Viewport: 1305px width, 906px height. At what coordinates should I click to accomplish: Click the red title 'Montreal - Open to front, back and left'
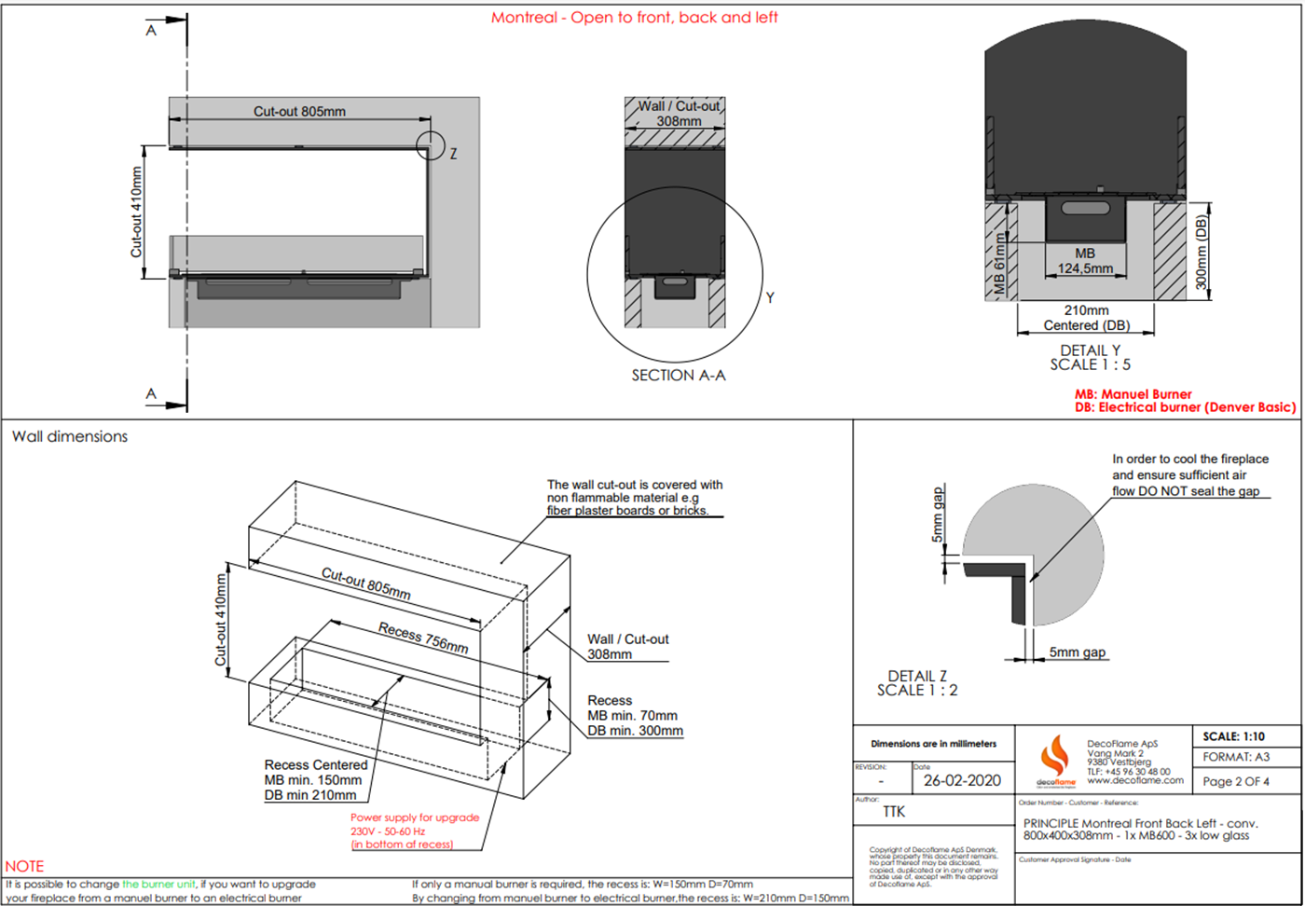pyautogui.click(x=634, y=18)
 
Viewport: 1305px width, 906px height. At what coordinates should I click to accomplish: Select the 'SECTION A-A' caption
pyautogui.click(x=678, y=375)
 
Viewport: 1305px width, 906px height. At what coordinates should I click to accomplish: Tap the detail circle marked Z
pyautogui.click(x=431, y=145)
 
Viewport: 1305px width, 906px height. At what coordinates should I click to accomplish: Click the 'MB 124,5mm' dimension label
pyautogui.click(x=1085, y=261)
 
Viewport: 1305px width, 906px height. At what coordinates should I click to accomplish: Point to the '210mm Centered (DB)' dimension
pyautogui.click(x=1086, y=318)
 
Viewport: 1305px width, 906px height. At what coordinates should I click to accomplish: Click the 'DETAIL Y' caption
pyautogui.click(x=1090, y=350)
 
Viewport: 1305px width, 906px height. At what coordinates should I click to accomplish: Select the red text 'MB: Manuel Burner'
pyautogui.click(x=1133, y=394)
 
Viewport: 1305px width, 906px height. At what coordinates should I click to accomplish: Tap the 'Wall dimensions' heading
pyautogui.click(x=70, y=436)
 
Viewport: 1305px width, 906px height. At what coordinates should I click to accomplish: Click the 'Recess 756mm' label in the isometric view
pyautogui.click(x=423, y=638)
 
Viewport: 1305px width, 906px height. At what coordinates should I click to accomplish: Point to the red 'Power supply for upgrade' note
pyautogui.click(x=415, y=817)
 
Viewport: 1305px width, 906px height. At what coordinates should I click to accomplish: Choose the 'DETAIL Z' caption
pyautogui.click(x=917, y=676)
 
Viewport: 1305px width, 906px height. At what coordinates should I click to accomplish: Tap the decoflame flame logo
pyautogui.click(x=1055, y=758)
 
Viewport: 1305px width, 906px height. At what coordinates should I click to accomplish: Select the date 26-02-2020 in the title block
pyautogui.click(x=962, y=781)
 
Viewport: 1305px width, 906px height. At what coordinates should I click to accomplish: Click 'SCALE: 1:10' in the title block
pyautogui.click(x=1233, y=736)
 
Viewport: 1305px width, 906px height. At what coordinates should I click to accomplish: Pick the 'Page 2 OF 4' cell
pyautogui.click(x=1235, y=781)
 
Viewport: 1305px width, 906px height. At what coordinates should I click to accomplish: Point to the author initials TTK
pyautogui.click(x=894, y=812)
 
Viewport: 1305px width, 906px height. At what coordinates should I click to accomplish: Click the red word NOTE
pyautogui.click(x=24, y=866)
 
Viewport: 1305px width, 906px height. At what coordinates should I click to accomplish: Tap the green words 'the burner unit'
pyautogui.click(x=159, y=884)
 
